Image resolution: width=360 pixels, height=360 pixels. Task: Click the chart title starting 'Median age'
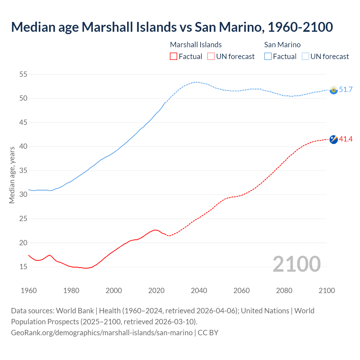[172, 27]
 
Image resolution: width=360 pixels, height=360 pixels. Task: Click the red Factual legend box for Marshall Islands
[174, 56]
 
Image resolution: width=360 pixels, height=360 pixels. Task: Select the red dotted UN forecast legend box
[211, 56]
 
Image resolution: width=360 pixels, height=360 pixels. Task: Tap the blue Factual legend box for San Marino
[268, 56]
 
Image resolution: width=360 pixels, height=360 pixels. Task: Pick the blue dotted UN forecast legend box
[305, 56]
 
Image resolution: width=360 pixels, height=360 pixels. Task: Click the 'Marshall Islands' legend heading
[196, 45]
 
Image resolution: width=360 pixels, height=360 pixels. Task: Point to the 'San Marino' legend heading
[282, 45]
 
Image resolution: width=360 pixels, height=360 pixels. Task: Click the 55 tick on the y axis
[23, 74]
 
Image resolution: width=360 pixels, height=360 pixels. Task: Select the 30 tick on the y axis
[23, 195]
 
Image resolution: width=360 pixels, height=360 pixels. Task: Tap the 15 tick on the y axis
[23, 267]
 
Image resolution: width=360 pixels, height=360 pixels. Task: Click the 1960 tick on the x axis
[29, 291]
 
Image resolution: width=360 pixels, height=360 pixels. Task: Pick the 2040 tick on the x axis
[199, 291]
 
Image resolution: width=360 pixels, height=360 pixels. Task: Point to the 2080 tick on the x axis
[284, 291]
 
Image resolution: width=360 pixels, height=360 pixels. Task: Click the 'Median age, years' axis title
[12, 175]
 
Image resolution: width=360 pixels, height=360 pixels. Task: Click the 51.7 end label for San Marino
[346, 89]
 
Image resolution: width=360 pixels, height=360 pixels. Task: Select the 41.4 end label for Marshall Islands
[346, 139]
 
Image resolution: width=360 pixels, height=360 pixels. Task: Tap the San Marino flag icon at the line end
[334, 90]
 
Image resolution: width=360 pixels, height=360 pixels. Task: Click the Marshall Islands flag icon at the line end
[334, 139]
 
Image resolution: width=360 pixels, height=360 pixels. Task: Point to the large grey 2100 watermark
[296, 264]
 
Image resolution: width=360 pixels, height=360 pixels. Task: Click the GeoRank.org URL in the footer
[102, 333]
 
